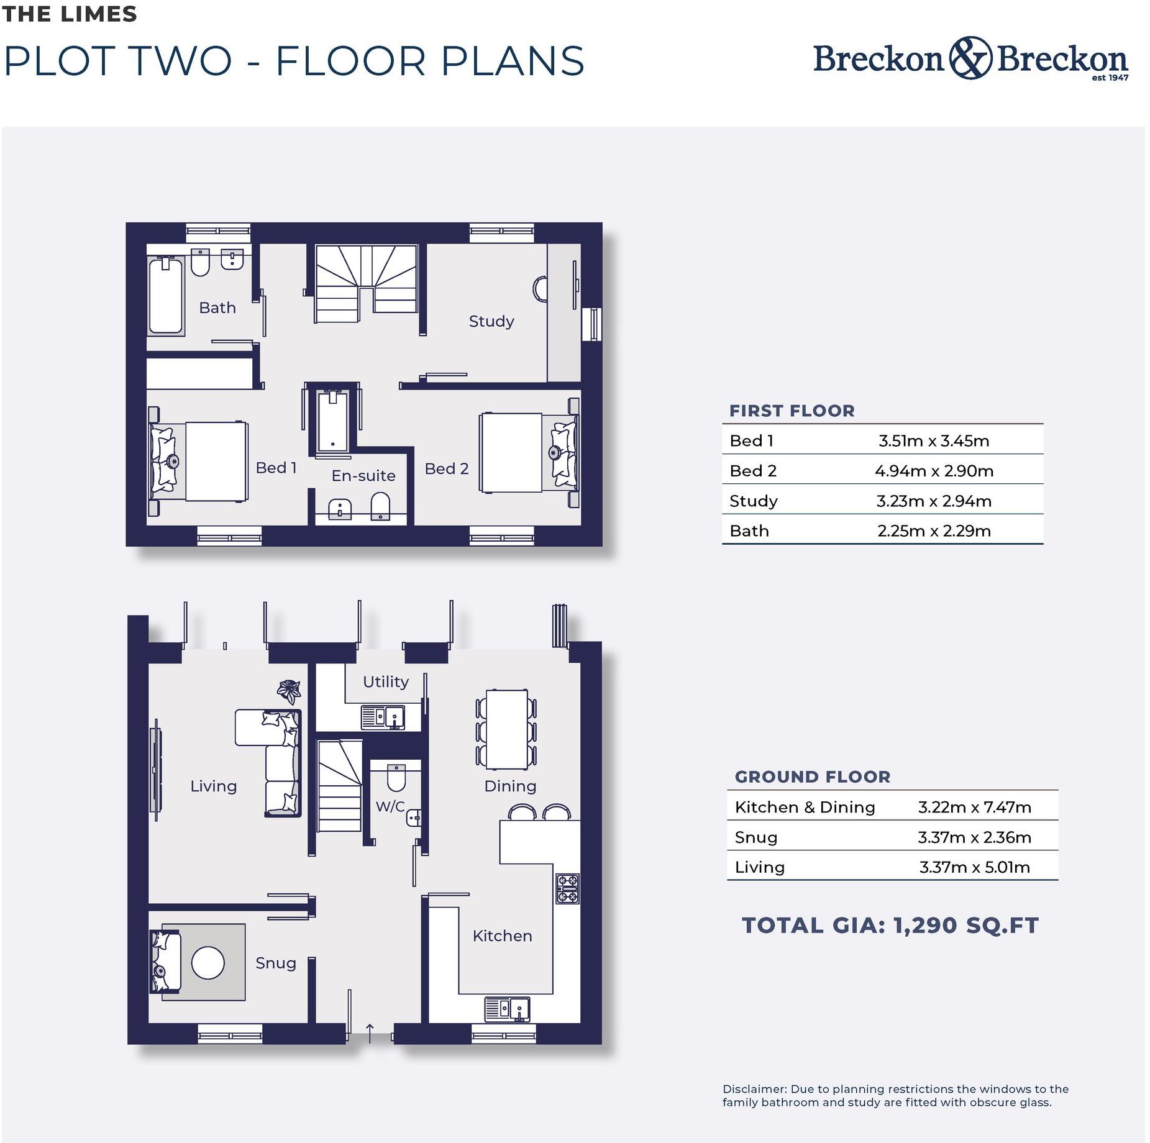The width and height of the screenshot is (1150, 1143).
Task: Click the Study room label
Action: click(x=491, y=321)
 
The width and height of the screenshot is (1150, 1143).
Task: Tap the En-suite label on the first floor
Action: click(x=363, y=476)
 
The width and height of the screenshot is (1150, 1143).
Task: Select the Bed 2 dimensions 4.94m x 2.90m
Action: click(x=933, y=471)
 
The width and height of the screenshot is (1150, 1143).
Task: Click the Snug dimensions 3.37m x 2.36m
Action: click(x=974, y=837)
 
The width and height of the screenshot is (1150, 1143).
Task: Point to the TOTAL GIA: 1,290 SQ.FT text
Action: click(x=890, y=926)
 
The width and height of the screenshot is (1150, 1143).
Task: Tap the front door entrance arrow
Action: click(x=369, y=1032)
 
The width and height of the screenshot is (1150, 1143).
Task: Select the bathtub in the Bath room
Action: click(x=166, y=296)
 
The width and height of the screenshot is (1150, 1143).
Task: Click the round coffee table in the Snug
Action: click(x=208, y=962)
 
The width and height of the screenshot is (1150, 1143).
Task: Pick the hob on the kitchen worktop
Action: click(x=567, y=888)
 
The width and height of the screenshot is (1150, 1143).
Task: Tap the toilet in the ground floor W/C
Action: click(x=396, y=776)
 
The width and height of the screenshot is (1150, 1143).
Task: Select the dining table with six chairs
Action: click(x=506, y=729)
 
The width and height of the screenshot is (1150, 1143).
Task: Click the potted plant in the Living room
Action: click(x=289, y=690)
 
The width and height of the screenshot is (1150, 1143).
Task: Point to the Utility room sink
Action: click(x=383, y=717)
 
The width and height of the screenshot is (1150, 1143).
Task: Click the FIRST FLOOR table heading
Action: click(x=792, y=411)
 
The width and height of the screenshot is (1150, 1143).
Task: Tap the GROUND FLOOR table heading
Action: click(x=812, y=776)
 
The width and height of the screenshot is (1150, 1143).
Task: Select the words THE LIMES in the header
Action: click(x=69, y=14)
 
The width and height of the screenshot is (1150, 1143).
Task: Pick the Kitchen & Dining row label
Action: click(x=804, y=807)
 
